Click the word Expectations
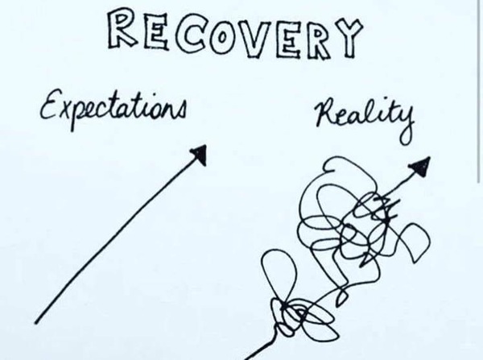point(113,108)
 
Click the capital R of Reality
point(327,112)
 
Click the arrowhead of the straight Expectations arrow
point(200,154)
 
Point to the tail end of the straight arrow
point(36,322)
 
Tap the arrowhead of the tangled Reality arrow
point(421,167)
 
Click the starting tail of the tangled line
point(246,358)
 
